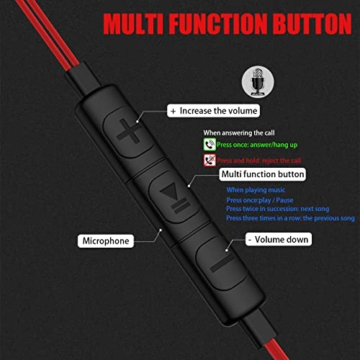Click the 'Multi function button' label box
(x=262, y=174)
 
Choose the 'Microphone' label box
(x=106, y=240)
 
